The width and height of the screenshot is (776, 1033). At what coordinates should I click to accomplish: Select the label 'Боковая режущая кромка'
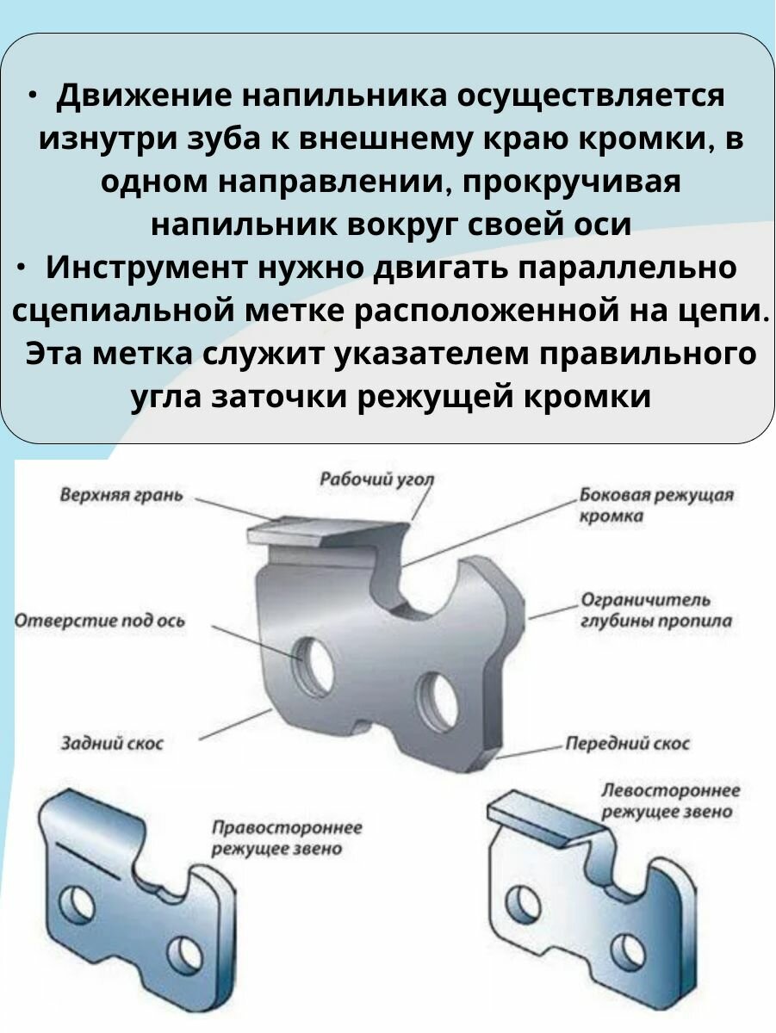(x=656, y=505)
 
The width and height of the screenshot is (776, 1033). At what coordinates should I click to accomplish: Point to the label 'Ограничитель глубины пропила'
(x=655, y=609)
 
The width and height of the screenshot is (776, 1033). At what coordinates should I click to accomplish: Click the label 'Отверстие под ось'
(x=100, y=621)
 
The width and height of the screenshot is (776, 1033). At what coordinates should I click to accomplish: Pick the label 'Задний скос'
(x=111, y=743)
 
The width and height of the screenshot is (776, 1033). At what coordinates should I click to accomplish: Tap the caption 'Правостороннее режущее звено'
(x=287, y=838)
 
